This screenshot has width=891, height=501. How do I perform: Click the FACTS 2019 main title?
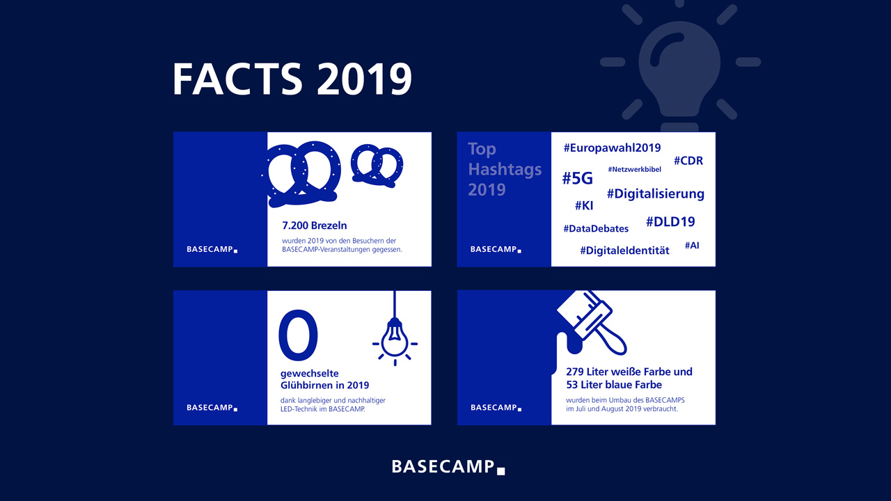click(292, 79)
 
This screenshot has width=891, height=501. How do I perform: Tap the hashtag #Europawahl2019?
click(612, 148)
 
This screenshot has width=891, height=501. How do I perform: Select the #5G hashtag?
click(577, 178)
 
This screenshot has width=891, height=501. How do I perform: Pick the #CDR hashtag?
click(688, 161)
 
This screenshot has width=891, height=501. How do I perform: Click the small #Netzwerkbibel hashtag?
click(634, 169)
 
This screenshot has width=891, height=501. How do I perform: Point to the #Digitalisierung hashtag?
click(656, 193)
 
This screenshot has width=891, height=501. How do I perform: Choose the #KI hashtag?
click(584, 205)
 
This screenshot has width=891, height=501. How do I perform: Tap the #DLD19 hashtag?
click(670, 221)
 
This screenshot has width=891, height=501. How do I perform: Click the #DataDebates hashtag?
click(596, 229)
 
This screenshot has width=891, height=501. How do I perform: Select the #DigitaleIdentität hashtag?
click(624, 250)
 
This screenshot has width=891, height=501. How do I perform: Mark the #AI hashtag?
click(692, 246)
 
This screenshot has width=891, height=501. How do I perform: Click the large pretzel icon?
click(301, 174)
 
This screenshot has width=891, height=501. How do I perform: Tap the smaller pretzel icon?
click(377, 166)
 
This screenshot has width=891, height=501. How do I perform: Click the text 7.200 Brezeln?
click(314, 225)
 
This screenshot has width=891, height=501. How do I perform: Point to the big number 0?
click(298, 335)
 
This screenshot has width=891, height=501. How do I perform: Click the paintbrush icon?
click(592, 323)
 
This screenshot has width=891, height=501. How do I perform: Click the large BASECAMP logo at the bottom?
click(448, 467)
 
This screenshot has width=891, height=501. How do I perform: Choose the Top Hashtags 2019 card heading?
click(505, 169)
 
